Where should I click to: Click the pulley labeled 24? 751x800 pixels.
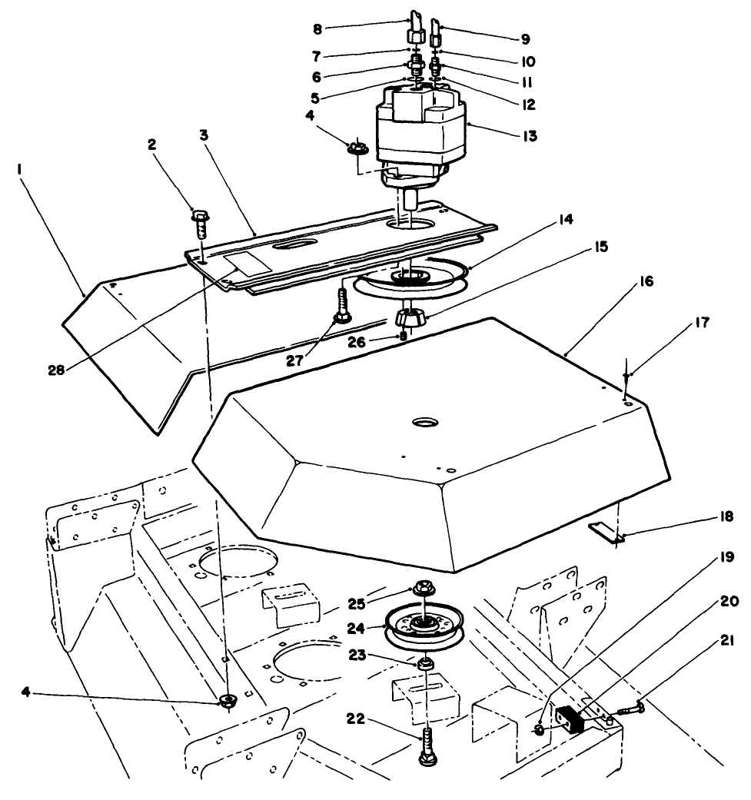pyautogui.click(x=426, y=623)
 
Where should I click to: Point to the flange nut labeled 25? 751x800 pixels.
pyautogui.click(x=423, y=589)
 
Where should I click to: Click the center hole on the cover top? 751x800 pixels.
pyautogui.click(x=422, y=423)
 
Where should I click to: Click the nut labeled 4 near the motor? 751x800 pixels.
pyautogui.click(x=356, y=148)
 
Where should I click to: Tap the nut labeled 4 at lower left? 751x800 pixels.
pyautogui.click(x=227, y=699)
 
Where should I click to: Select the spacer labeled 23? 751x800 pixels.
pyautogui.click(x=424, y=661)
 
